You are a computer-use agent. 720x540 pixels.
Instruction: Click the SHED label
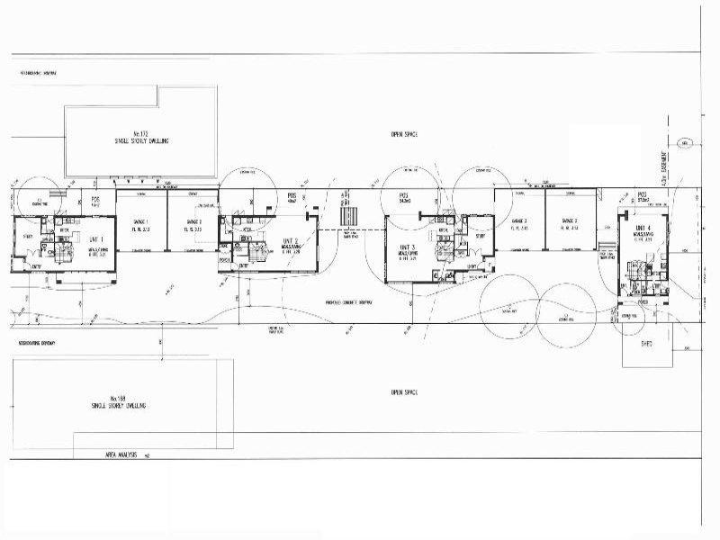pyautogui.click(x=646, y=343)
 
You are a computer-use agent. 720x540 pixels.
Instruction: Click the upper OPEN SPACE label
pyautogui.click(x=404, y=133)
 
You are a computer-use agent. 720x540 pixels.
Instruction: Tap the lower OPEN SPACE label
pyautogui.click(x=404, y=392)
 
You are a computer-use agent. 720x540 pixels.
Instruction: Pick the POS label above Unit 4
pyautogui.click(x=643, y=194)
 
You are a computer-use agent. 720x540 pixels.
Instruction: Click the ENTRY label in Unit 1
pyautogui.click(x=37, y=266)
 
